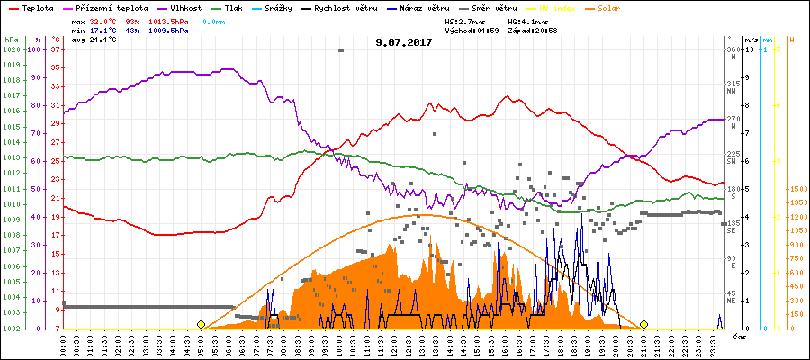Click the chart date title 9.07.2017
pyautogui.click(x=404, y=41)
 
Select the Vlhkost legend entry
pyautogui.click(x=186, y=7)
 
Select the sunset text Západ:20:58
pyautogui.click(x=534, y=30)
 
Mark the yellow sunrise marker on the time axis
pyautogui.click(x=201, y=324)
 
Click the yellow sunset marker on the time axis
pyautogui.click(x=644, y=324)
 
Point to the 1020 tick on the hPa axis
pyautogui.click(x=11, y=49)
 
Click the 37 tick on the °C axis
pyautogui.click(x=56, y=49)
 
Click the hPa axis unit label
pyautogui.click(x=11, y=40)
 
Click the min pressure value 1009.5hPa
pyautogui.click(x=171, y=30)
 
